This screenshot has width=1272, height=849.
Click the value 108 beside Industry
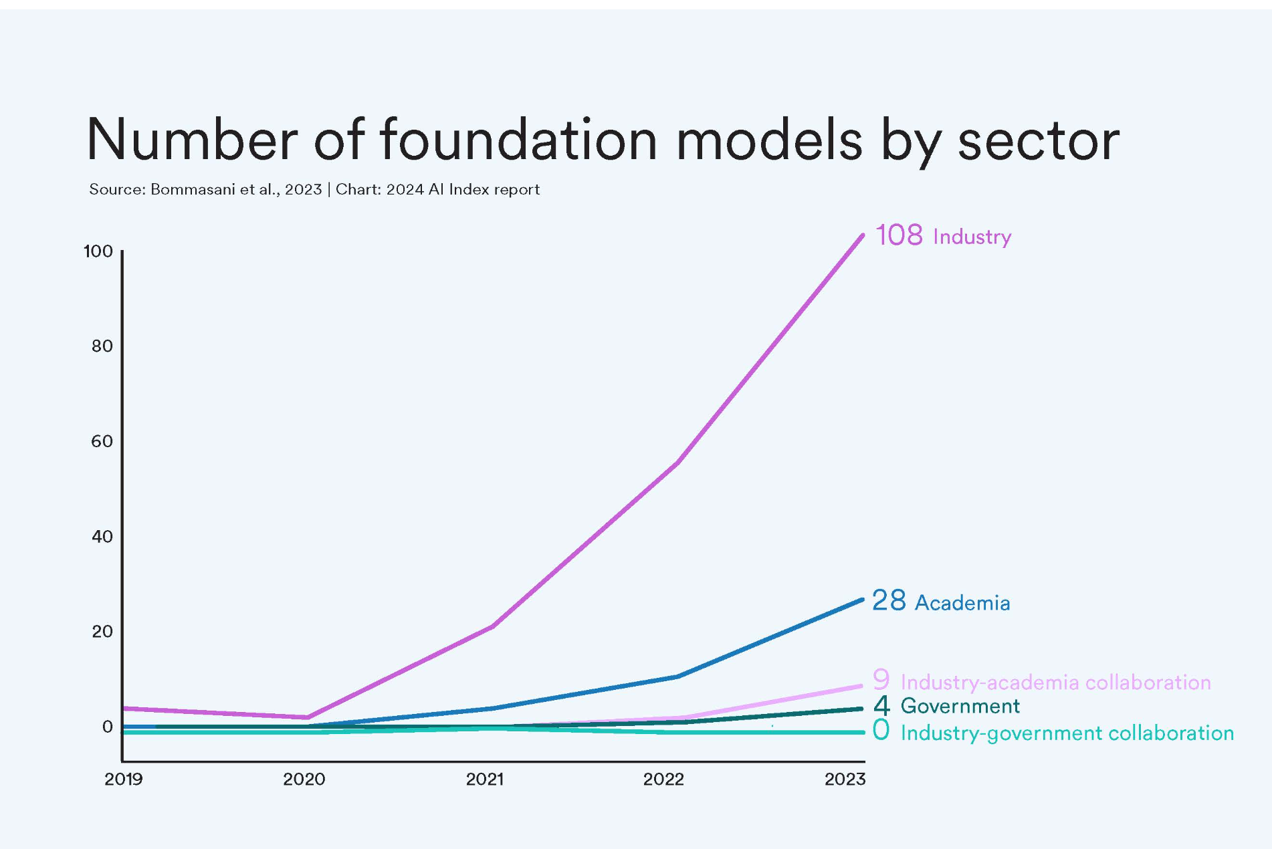coord(899,235)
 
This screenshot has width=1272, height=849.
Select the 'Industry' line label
coord(972,237)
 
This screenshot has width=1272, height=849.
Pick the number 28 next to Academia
coord(889,601)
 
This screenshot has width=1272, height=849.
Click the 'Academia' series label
coord(962,603)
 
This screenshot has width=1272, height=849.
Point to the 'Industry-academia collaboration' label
coord(1055,683)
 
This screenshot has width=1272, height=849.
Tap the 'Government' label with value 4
coord(960,706)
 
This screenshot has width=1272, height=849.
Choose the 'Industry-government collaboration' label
coord(1067,733)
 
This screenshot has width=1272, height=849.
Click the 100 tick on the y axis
coord(98,252)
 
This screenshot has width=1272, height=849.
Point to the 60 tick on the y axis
coord(102,442)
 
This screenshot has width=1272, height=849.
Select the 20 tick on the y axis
coord(102,632)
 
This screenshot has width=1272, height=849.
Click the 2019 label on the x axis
coord(124,779)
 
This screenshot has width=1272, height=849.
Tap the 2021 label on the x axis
coord(485,779)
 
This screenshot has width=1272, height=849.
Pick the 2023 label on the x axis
coord(845,779)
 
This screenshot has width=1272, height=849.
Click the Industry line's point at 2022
coord(678,462)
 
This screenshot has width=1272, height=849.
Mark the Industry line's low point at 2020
coord(308,717)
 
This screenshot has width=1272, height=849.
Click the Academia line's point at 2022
coord(678,677)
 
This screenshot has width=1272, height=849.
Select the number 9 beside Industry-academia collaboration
coord(881,680)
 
